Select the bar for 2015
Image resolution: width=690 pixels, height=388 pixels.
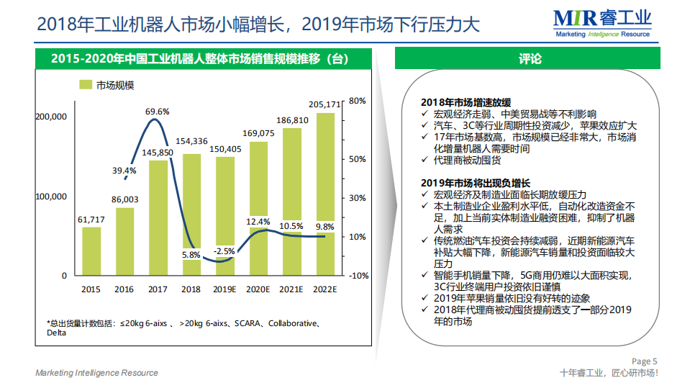[91, 251]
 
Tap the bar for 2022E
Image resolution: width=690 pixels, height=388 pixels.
[324, 194]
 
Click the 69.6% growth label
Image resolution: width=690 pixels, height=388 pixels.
[157, 112]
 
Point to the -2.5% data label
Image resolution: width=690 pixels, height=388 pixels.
[224, 251]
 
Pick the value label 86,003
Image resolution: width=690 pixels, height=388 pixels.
[124, 200]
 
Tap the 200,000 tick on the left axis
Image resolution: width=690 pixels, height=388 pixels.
[50, 117]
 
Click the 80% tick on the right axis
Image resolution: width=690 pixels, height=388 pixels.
[358, 101]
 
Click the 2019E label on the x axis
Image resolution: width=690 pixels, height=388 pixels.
[224, 289]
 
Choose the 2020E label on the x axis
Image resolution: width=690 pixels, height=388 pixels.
[258, 289]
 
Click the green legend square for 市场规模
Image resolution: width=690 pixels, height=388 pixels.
[84, 86]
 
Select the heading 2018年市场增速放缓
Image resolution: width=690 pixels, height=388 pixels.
[466, 101]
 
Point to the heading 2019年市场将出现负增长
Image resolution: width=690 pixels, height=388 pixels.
[476, 183]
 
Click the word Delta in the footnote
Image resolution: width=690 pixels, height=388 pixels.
[57, 333]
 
